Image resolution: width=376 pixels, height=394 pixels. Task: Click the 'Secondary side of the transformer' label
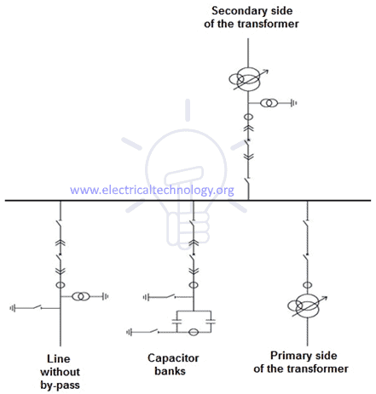[248, 16]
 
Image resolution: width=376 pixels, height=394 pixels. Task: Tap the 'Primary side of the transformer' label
[309, 363]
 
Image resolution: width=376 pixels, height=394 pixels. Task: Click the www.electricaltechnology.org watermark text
[152, 190]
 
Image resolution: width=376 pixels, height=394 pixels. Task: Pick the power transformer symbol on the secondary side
[248, 81]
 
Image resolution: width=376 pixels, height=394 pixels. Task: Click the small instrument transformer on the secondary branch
[269, 103]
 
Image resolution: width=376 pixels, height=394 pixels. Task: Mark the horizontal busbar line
[188, 201]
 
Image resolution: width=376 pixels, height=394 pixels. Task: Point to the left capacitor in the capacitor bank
[176, 320]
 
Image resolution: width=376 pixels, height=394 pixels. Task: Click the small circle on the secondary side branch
[248, 117]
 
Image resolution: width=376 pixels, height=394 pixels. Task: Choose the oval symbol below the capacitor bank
[194, 331]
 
